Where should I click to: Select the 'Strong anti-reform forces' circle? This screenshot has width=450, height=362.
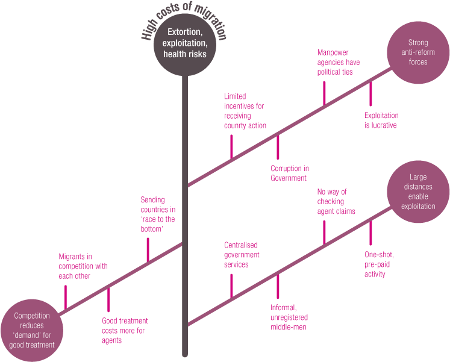coord(417,52)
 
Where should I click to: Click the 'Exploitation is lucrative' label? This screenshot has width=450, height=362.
coord(381,120)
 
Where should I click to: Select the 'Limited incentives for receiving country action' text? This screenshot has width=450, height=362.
coord(245,111)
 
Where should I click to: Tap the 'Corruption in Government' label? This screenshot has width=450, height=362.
coord(290,173)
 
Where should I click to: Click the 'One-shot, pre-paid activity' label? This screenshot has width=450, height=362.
coord(380,264)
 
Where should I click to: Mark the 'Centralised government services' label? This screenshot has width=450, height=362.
coord(242,255)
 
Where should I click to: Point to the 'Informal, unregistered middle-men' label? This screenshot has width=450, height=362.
coord(289,317)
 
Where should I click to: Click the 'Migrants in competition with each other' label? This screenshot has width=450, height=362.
coord(83,266)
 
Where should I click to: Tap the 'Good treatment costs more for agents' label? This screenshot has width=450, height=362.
coord(125,331)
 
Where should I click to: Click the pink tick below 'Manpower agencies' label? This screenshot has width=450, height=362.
coord(324,92)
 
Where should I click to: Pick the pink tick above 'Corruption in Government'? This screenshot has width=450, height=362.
coord(278,147)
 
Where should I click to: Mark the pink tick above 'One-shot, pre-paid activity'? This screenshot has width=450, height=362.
coord(370,231)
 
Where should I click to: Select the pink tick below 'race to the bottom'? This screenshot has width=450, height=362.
coord(147,249)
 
